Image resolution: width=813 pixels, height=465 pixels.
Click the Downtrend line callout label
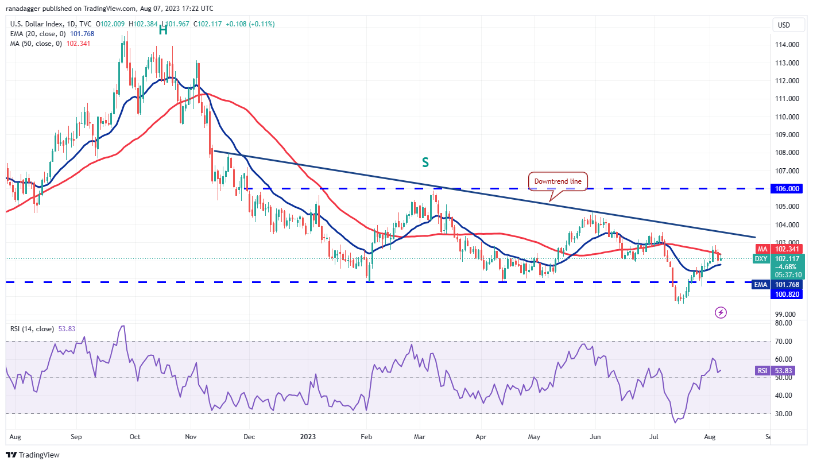(x=558, y=181)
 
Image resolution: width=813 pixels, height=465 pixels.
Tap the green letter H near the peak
(x=163, y=30)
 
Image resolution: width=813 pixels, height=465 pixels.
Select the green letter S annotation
(x=425, y=162)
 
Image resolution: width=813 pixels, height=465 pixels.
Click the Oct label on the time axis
(x=134, y=436)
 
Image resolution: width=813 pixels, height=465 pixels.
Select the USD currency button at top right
(x=784, y=25)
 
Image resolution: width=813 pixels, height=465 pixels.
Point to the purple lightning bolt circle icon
(x=721, y=312)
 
